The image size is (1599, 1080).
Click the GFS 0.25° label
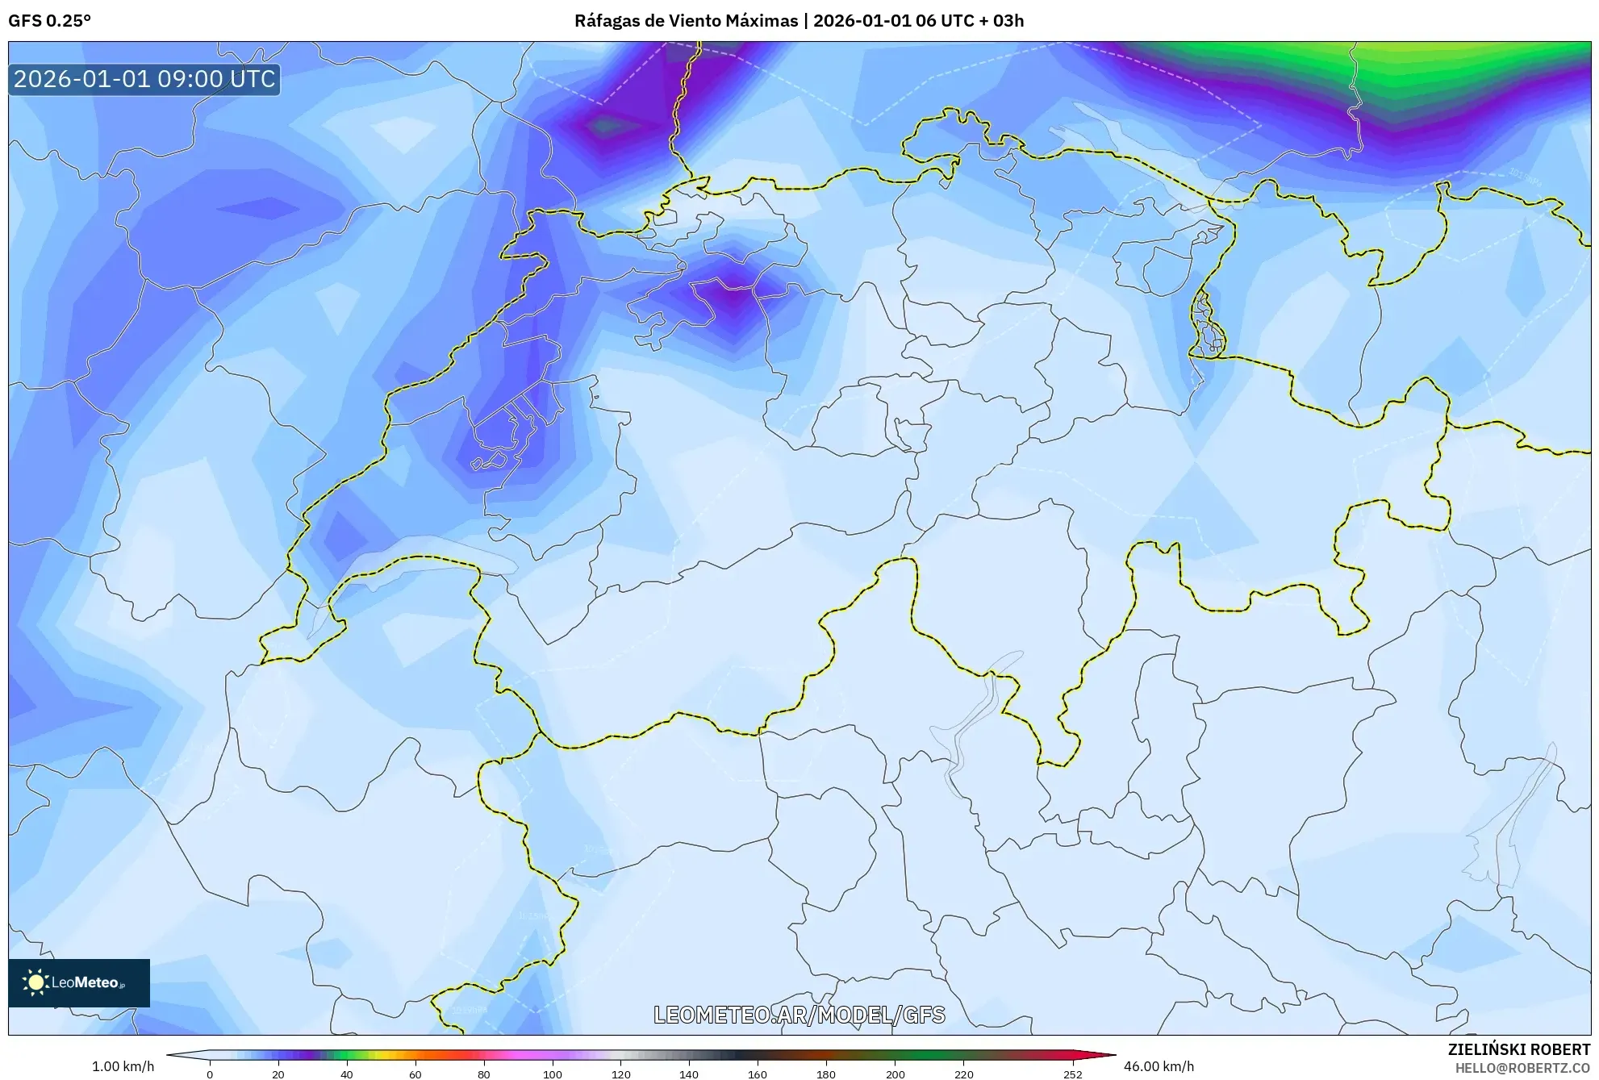[49, 21]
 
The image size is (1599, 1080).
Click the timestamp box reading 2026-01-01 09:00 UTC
[144, 79]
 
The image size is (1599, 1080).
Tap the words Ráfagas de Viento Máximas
[686, 21]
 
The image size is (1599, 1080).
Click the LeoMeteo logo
[79, 982]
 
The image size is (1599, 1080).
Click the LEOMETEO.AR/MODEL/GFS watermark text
[799, 1015]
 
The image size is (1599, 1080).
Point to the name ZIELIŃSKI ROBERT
[1518, 1049]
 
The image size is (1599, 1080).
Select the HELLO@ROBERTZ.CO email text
[1522, 1068]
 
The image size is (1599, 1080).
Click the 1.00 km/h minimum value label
[123, 1066]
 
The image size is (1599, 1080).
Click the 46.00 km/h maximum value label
[1159, 1066]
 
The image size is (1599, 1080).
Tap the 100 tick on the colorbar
[552, 1074]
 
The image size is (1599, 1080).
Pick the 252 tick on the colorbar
[1072, 1074]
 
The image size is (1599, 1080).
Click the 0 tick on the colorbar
[210, 1074]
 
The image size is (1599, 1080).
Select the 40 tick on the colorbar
[347, 1074]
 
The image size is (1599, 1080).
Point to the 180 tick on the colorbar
[825, 1074]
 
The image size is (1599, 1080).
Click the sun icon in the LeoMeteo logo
[35, 982]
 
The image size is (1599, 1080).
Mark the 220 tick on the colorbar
[963, 1074]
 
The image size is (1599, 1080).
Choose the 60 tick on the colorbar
[415, 1074]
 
